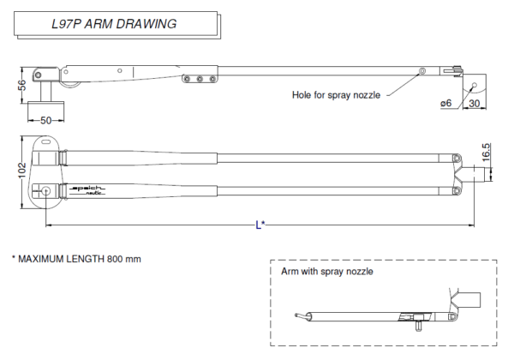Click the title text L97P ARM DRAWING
tap(114, 24)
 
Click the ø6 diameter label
tap(445, 103)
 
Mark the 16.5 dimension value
tap(487, 152)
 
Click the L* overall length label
tap(260, 225)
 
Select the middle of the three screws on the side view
tap(199, 79)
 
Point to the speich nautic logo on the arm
tap(87, 189)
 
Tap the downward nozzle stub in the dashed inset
tap(417, 323)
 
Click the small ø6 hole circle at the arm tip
tap(474, 87)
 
